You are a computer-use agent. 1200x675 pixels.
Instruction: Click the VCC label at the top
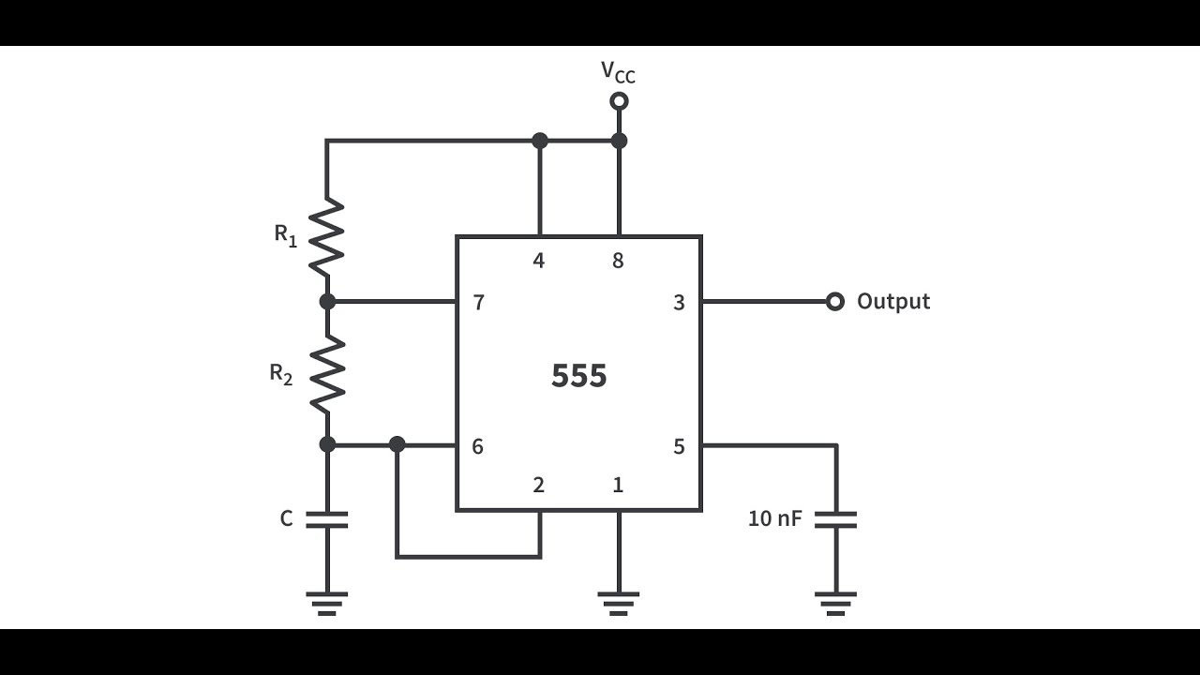point(618,72)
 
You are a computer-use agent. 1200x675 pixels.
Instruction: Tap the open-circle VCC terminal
point(618,101)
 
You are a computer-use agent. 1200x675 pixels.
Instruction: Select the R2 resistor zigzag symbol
point(327,375)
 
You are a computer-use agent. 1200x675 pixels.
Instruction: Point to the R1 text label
point(286,234)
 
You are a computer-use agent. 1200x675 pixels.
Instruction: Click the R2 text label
point(281,374)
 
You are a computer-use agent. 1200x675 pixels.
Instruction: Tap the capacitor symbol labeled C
point(327,519)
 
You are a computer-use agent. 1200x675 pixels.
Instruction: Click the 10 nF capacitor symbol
point(835,519)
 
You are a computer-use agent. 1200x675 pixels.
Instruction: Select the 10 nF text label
point(774,518)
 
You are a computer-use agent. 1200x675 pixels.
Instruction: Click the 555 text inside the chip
point(578,376)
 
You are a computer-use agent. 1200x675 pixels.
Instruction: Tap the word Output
point(892,302)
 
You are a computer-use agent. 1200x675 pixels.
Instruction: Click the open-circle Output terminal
point(834,302)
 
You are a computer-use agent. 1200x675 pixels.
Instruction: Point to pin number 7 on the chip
point(478,303)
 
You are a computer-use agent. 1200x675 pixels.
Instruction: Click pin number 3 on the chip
point(679,303)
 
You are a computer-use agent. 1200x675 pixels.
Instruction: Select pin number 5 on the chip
point(679,446)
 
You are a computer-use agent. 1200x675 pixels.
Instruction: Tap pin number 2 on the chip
point(538,486)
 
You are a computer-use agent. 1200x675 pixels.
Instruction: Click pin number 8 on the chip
point(617,261)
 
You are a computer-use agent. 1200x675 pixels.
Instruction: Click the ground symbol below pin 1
point(618,603)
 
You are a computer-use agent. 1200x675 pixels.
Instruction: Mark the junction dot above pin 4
point(539,141)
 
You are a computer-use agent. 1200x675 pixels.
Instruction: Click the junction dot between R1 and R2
point(327,302)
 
